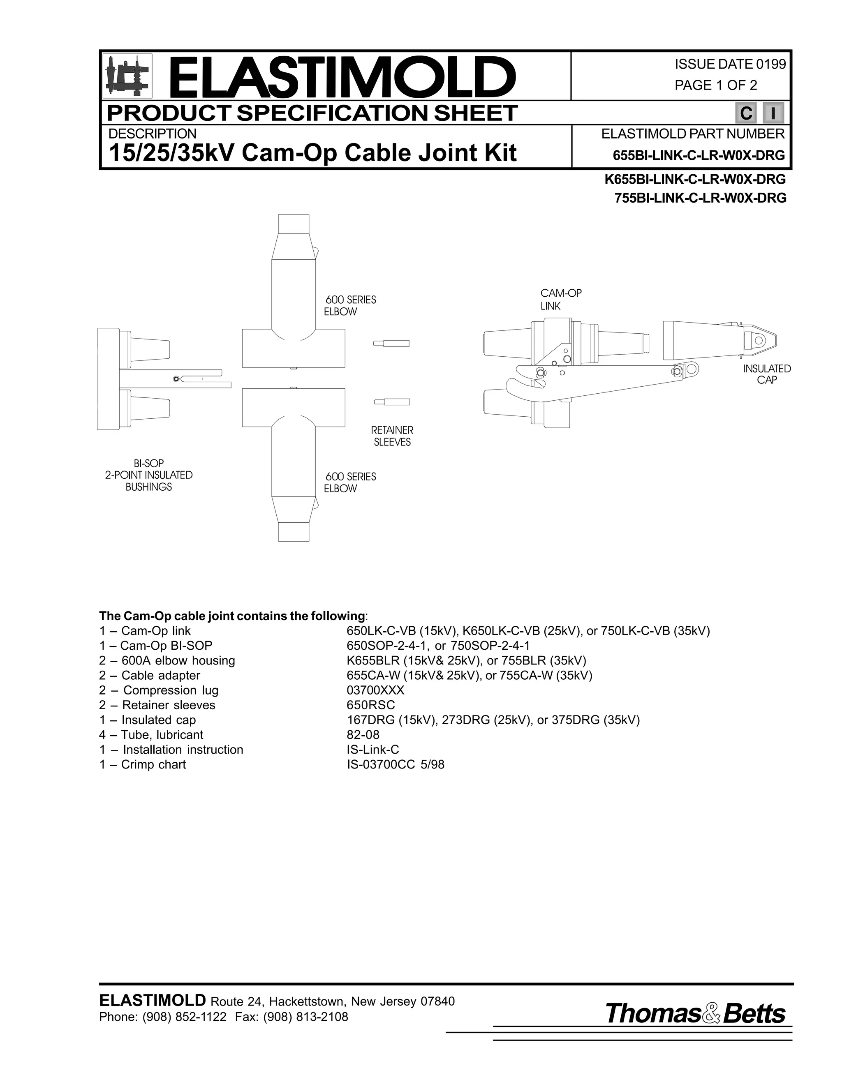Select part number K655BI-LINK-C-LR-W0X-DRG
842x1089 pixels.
click(x=695, y=179)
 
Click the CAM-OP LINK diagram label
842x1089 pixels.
click(x=561, y=300)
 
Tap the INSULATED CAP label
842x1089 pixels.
click(x=767, y=374)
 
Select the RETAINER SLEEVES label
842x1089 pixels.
click(x=392, y=436)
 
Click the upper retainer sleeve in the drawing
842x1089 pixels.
click(x=391, y=343)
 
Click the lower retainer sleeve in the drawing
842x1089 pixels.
click(x=391, y=402)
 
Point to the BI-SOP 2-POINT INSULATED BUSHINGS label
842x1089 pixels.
click(x=149, y=475)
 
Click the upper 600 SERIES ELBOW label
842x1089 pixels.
click(x=350, y=306)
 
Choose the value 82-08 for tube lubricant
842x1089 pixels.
click(x=363, y=734)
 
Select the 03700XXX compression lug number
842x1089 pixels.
click(x=376, y=690)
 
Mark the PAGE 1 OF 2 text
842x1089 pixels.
click(x=715, y=85)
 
